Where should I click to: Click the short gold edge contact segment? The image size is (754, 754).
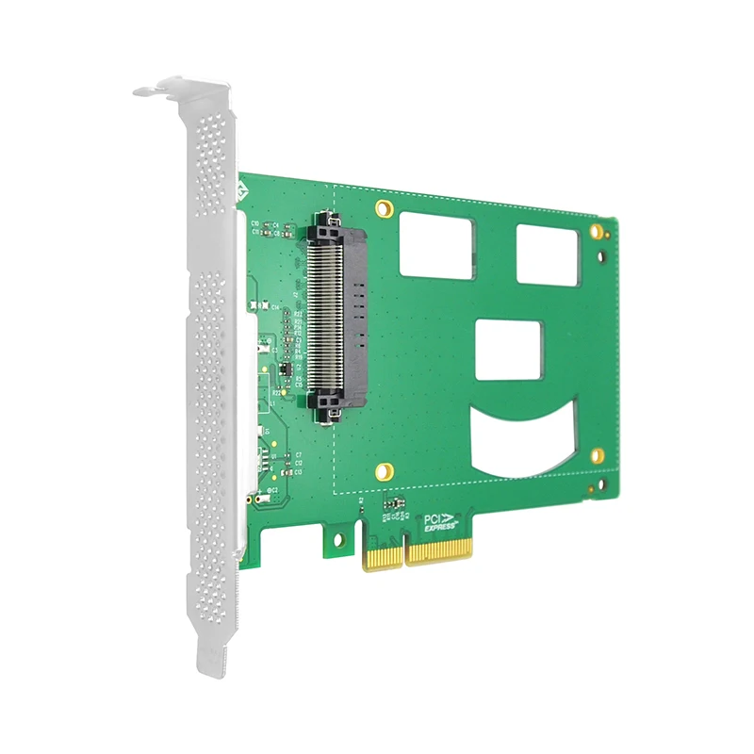383,555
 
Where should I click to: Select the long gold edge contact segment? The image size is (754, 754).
437,550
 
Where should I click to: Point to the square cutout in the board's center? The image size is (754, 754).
509,350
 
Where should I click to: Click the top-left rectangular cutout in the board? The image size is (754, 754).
436,243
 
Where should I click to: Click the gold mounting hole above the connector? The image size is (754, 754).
384,207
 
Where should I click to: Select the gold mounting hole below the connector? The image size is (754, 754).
383,471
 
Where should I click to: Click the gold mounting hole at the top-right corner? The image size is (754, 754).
596,230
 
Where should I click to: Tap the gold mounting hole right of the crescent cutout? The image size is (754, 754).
597,456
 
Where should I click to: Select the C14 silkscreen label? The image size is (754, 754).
274,307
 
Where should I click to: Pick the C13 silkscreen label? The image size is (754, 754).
298,472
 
